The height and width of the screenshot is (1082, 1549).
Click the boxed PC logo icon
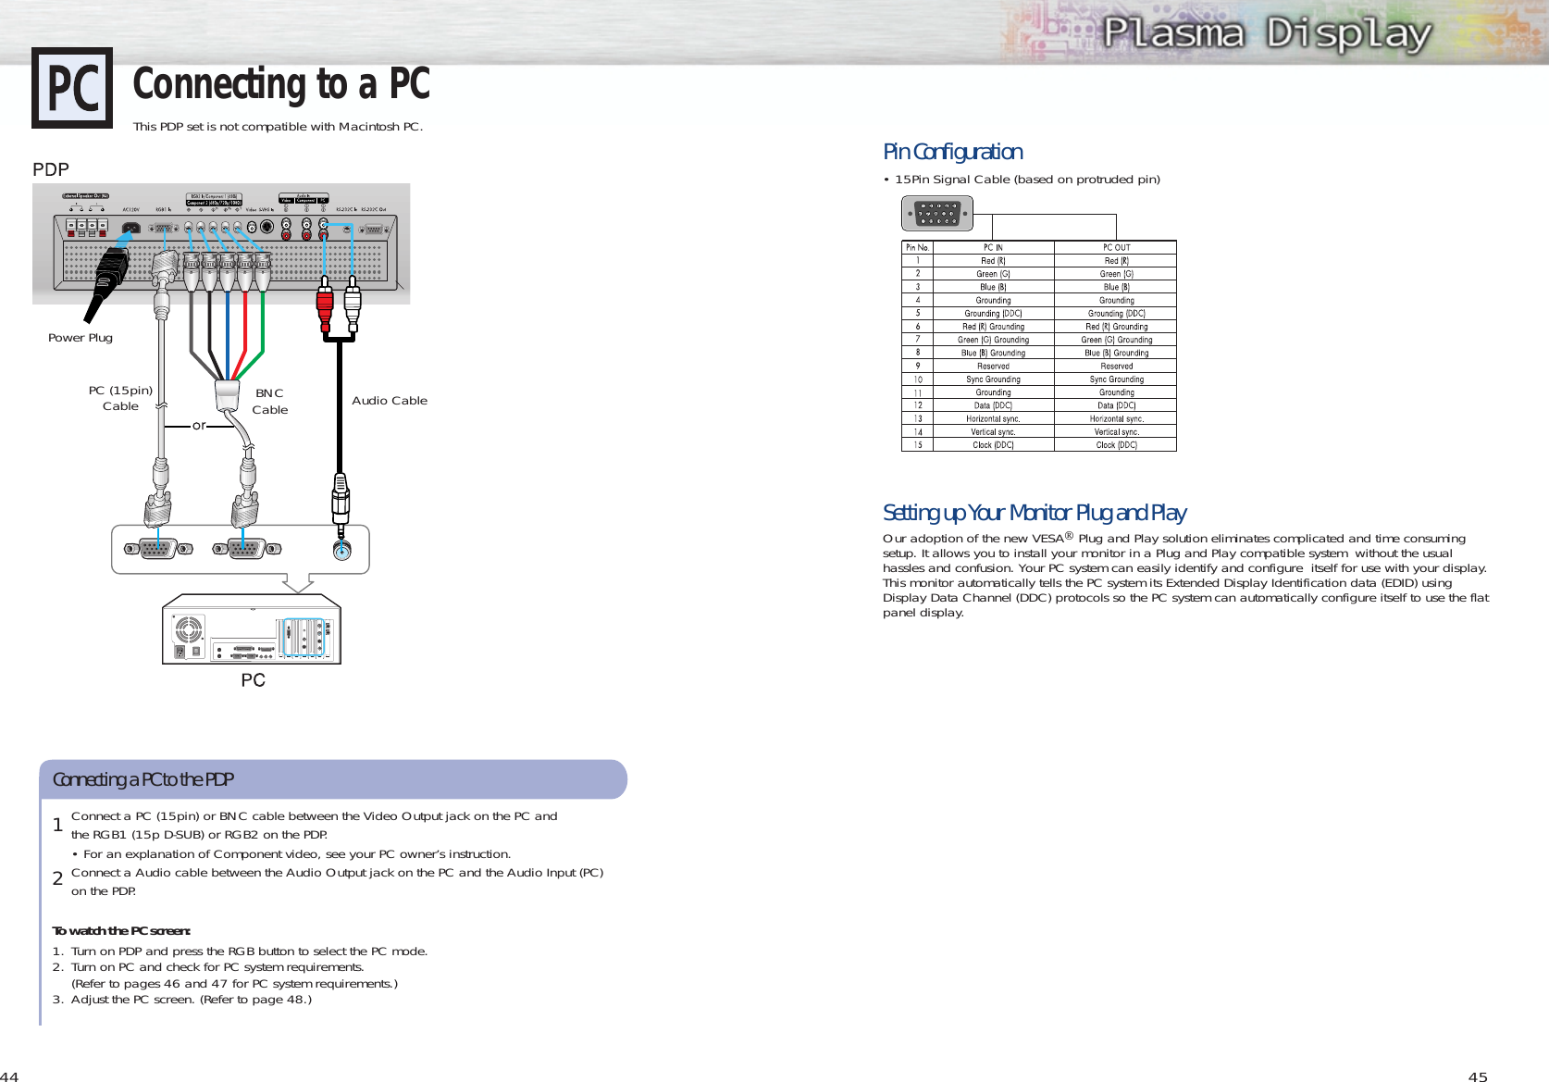click(x=72, y=88)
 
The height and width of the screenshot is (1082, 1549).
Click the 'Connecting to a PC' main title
click(x=281, y=84)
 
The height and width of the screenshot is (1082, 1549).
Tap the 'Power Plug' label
click(x=81, y=338)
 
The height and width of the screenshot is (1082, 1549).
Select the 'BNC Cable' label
click(x=270, y=402)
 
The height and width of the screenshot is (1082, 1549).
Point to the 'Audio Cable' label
click(x=390, y=401)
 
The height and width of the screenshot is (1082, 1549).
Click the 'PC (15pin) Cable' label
click(x=120, y=398)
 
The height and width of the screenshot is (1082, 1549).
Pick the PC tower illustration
click(x=252, y=629)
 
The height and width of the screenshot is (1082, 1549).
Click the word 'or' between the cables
click(x=199, y=426)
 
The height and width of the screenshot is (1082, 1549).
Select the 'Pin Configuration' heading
click(x=952, y=152)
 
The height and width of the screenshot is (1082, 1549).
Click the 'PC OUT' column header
click(x=1116, y=247)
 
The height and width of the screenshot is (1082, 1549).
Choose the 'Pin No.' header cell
click(x=917, y=247)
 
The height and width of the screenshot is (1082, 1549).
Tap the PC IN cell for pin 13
click(x=993, y=418)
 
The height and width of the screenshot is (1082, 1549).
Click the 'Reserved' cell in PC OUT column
click(x=1116, y=366)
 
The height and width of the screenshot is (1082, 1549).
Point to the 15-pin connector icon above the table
click(x=936, y=214)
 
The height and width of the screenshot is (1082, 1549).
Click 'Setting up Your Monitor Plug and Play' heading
click(x=1034, y=513)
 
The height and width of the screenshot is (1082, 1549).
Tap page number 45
click(x=1478, y=1076)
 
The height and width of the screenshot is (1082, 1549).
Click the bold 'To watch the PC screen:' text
click(x=121, y=931)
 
